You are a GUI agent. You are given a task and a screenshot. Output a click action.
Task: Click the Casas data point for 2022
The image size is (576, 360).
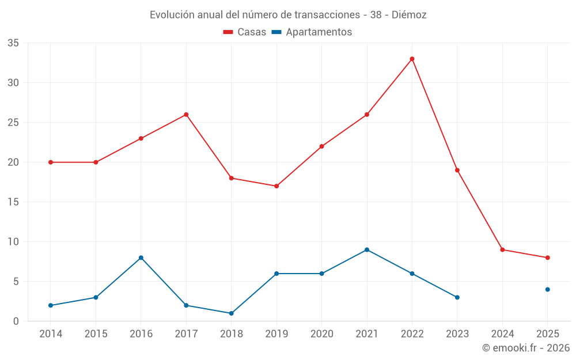point(412,59)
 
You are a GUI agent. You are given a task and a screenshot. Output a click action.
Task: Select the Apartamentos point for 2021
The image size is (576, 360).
point(367,249)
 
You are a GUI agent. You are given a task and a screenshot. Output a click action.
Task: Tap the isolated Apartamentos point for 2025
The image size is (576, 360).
point(547,289)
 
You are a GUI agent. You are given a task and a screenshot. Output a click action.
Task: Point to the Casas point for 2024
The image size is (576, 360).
point(502,249)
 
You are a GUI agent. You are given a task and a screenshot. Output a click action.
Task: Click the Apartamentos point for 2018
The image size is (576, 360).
point(231,313)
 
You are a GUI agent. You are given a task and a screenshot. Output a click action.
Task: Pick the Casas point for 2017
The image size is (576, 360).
point(186,115)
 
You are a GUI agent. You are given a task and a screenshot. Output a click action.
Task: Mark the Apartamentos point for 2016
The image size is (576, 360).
point(141,257)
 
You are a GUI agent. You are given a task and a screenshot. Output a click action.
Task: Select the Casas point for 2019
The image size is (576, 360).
point(276,186)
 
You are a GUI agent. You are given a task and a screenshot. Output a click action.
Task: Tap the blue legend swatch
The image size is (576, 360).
point(276,32)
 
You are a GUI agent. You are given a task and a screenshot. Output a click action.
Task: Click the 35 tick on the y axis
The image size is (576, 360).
point(13,43)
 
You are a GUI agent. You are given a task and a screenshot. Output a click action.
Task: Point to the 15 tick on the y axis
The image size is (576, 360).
point(13,202)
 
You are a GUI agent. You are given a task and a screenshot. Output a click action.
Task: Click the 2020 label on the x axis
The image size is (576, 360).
point(321,334)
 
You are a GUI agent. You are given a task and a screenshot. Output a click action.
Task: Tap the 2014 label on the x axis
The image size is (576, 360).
point(51,334)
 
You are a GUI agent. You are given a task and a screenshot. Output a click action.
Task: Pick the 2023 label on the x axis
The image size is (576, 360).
point(457,334)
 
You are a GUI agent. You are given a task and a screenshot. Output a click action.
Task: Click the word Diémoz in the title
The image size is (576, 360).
point(409,15)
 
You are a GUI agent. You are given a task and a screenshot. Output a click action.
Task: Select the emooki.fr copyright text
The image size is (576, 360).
point(526,348)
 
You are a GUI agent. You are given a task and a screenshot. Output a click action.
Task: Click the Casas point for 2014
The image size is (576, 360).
point(51,162)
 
